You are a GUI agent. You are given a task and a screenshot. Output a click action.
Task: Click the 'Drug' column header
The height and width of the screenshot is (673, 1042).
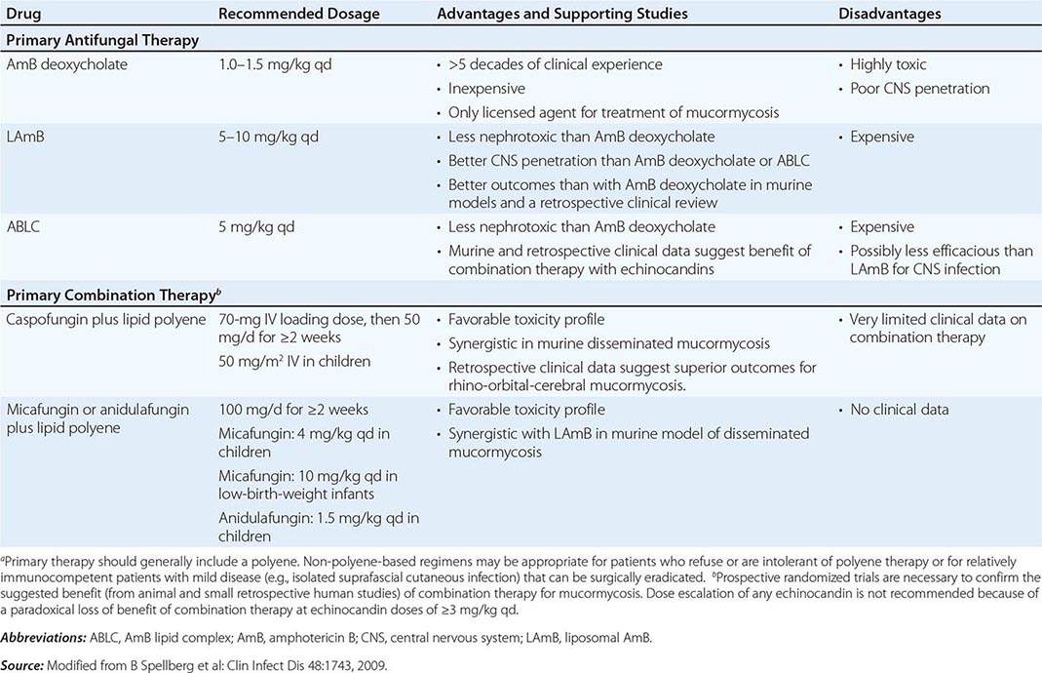23,15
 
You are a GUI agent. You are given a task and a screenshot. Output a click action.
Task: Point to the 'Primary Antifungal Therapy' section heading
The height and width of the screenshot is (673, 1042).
102,40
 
